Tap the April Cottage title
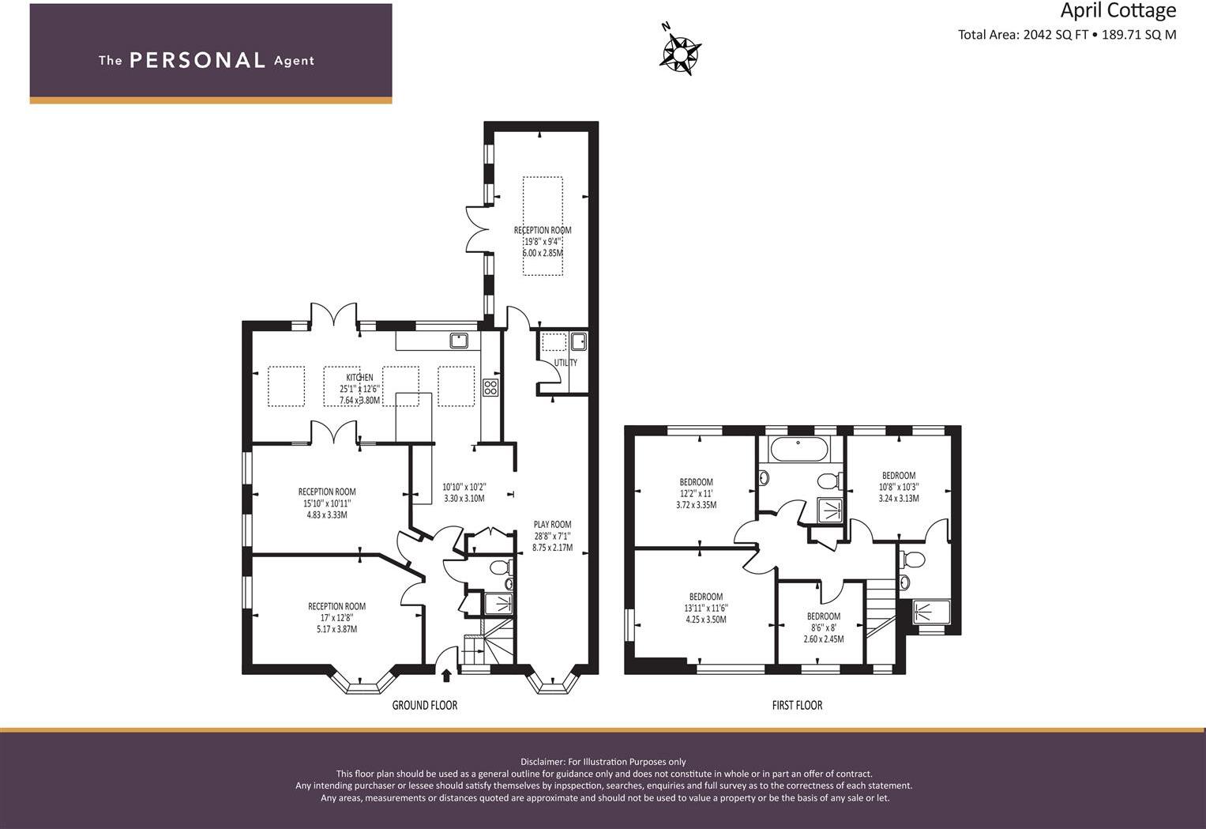pos(1118,11)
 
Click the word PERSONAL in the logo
pos(197,61)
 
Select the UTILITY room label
pos(565,363)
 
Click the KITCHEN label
pos(359,378)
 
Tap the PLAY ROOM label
pos(552,525)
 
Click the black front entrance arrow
pos(446,675)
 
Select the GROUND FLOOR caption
pos(425,705)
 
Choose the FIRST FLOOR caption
pos(797,705)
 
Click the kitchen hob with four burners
pos(490,387)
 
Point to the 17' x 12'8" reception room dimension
pos(336,618)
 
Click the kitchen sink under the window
pos(459,341)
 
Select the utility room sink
pos(578,341)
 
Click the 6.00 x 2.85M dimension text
pos(543,253)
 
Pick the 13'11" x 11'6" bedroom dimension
pos(705,609)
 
